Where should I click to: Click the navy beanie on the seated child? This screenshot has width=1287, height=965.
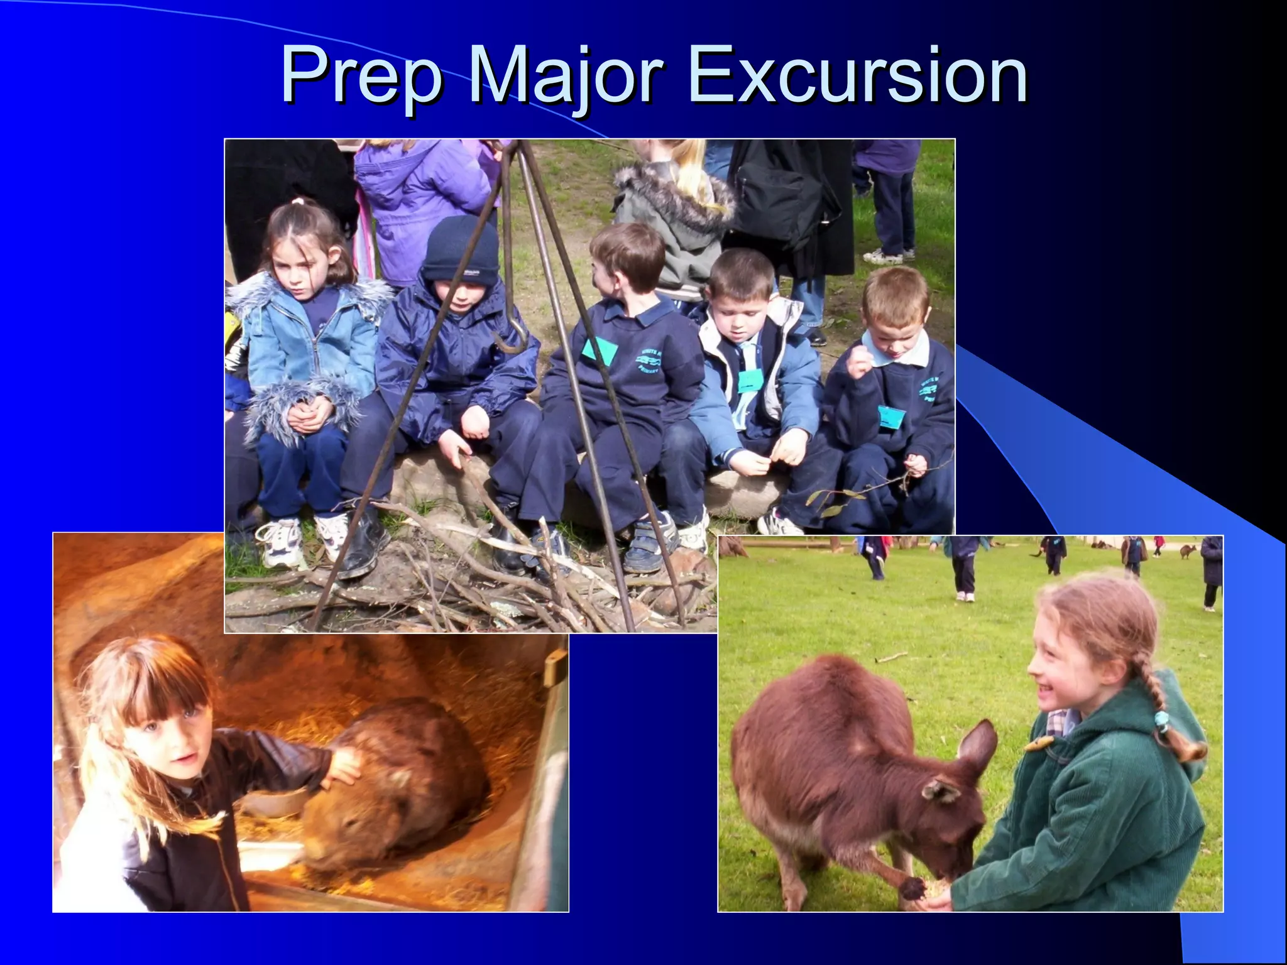460,249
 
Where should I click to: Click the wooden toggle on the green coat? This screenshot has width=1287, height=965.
1039,745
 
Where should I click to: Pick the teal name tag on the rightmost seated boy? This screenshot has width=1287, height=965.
891,417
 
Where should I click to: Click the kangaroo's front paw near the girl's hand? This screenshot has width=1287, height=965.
912,888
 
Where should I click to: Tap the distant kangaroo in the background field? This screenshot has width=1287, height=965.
1187,552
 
